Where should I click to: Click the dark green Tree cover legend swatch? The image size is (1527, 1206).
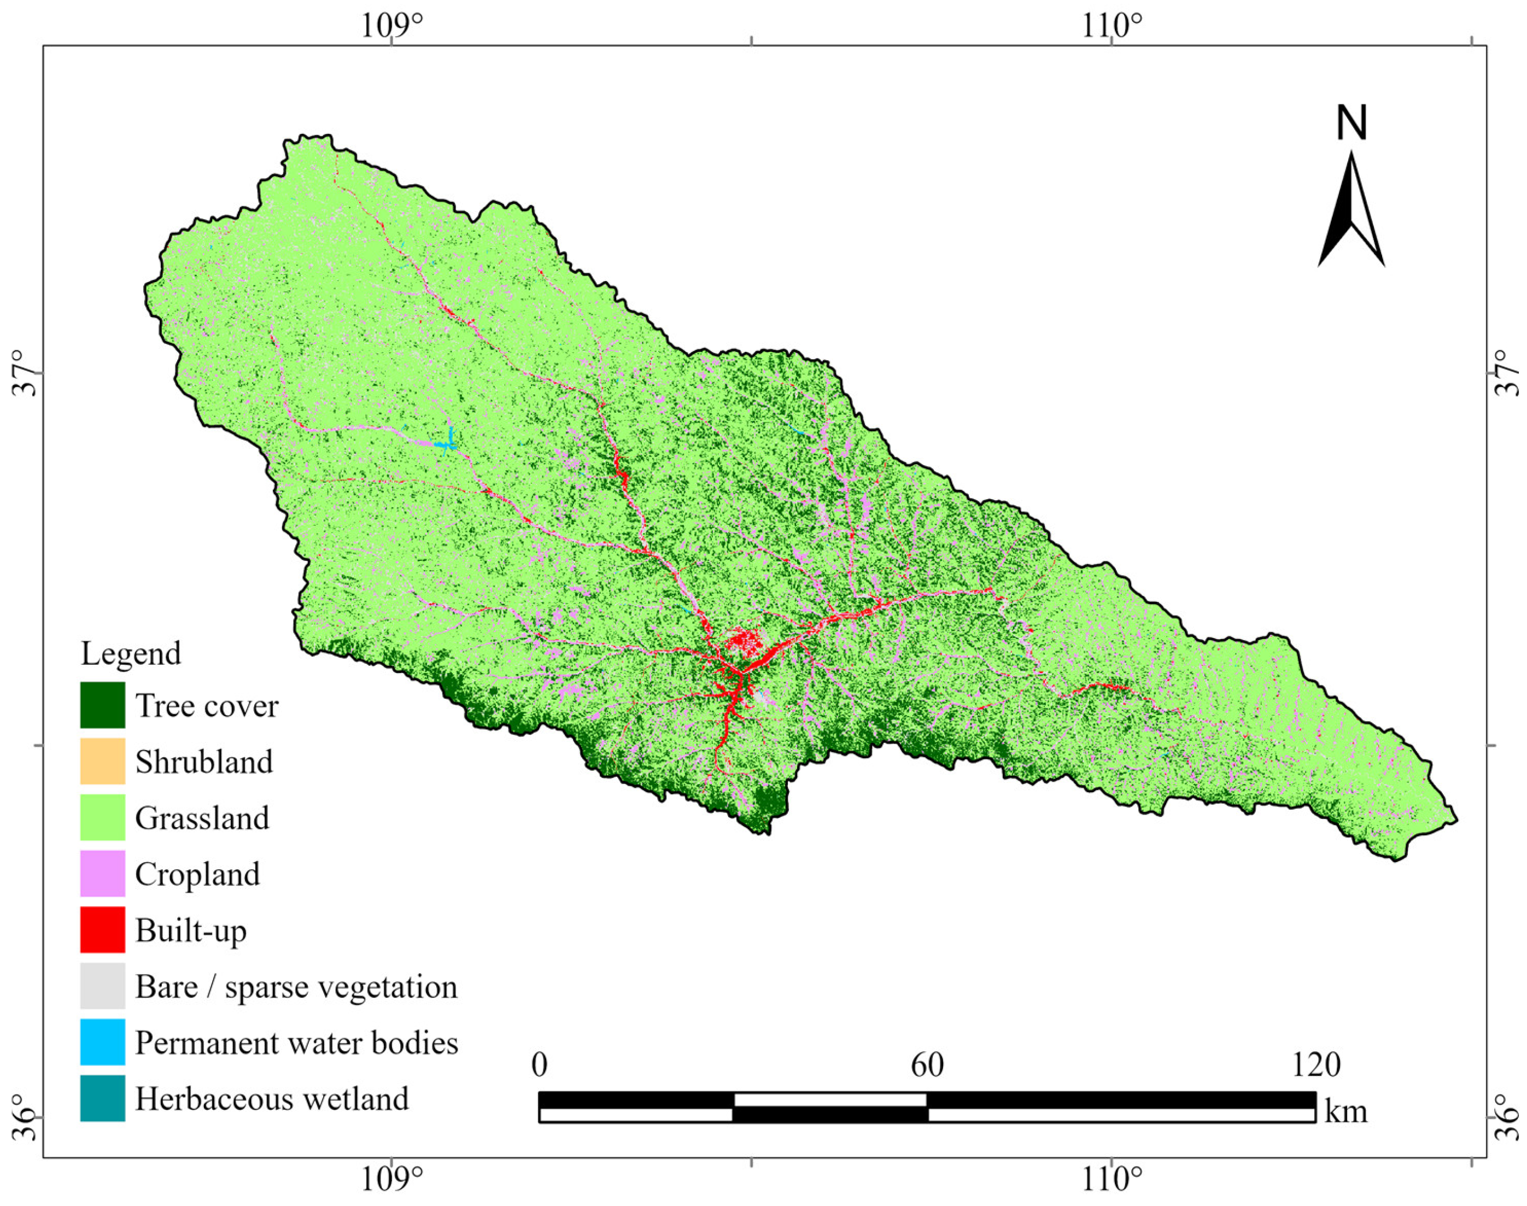coord(102,705)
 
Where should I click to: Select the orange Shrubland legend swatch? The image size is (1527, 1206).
coord(102,761)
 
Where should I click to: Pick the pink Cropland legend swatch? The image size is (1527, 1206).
coord(102,874)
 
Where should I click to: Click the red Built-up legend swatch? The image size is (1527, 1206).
coord(102,929)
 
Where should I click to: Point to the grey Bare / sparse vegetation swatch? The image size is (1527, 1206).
coord(102,986)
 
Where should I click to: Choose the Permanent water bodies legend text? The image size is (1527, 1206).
coord(296,1042)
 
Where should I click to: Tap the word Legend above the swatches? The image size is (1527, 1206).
coord(131,654)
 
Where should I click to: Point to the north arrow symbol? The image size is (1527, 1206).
coord(1351,212)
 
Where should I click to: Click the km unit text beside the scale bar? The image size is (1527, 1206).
coord(1345,1111)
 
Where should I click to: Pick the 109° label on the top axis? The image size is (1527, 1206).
coord(393,26)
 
